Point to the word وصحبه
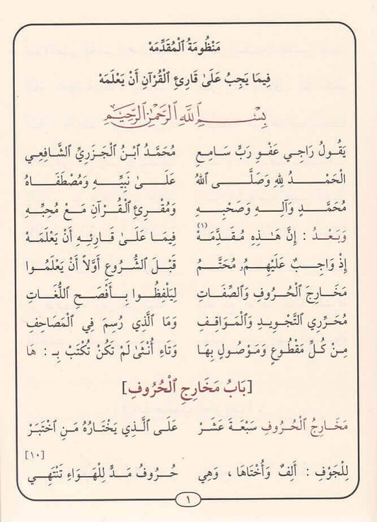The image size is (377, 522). coord(233,204)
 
